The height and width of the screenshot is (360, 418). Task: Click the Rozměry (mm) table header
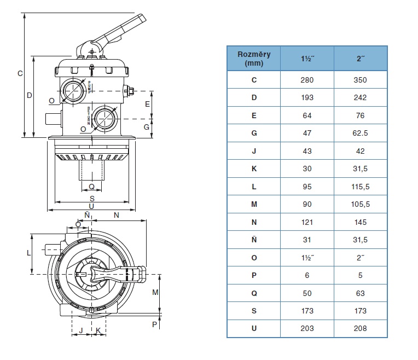point(253,58)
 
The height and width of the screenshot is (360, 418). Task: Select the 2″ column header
point(360,58)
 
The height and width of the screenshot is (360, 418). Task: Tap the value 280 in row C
point(307,80)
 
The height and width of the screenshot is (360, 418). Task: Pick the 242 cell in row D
point(360,98)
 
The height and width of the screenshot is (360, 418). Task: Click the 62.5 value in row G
point(360,133)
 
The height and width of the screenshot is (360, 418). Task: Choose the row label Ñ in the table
point(253,240)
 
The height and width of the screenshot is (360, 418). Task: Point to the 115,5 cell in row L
point(360,187)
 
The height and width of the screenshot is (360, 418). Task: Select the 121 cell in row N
point(307,222)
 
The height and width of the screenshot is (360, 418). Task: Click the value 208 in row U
point(360,328)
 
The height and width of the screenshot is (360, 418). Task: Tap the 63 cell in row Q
point(360,293)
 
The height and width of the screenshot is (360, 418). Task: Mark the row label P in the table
point(253,275)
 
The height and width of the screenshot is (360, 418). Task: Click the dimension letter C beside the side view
point(20,73)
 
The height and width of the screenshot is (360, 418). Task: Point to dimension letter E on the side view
point(147,103)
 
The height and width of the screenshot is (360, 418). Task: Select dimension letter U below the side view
point(91,206)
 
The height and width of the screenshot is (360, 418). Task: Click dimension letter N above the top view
point(116,216)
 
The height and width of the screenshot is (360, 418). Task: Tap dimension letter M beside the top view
point(155,293)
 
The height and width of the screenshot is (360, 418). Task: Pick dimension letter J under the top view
point(81,330)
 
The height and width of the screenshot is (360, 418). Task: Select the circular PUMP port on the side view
point(72,89)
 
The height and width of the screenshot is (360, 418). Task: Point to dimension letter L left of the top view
point(27,253)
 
